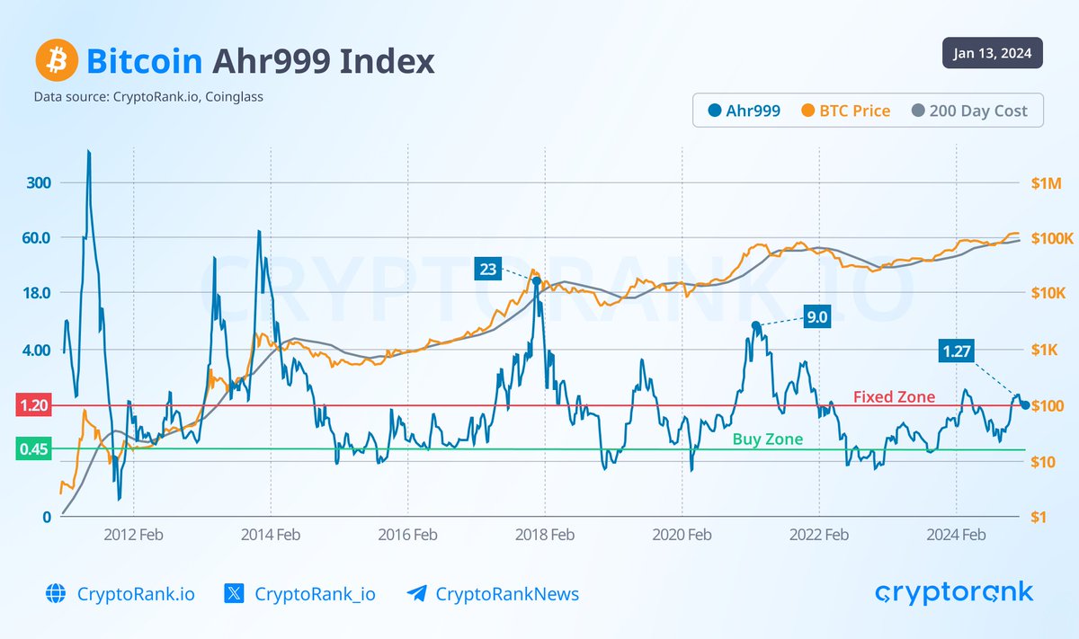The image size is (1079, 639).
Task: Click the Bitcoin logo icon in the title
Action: pos(56,61)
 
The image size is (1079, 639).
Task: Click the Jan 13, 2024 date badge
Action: pos(993,53)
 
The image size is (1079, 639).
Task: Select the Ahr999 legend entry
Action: pos(745,111)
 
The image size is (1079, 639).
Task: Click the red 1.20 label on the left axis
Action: pos(33,406)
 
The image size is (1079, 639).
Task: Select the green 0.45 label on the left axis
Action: pos(33,448)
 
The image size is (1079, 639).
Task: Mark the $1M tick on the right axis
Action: pos(1047,183)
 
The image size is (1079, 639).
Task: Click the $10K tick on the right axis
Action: pos(1047,294)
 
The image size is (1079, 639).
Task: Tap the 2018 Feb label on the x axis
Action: pos(544,535)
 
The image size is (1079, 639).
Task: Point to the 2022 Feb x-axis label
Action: pos(819,535)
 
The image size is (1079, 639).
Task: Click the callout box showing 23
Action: pos(488,268)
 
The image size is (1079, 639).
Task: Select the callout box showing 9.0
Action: pos(816,316)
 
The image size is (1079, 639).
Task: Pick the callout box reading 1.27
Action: pos(959,351)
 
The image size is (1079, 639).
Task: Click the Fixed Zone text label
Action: pos(894,396)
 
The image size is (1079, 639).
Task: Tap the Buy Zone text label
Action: pos(767,439)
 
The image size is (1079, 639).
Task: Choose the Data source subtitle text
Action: pos(148,96)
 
